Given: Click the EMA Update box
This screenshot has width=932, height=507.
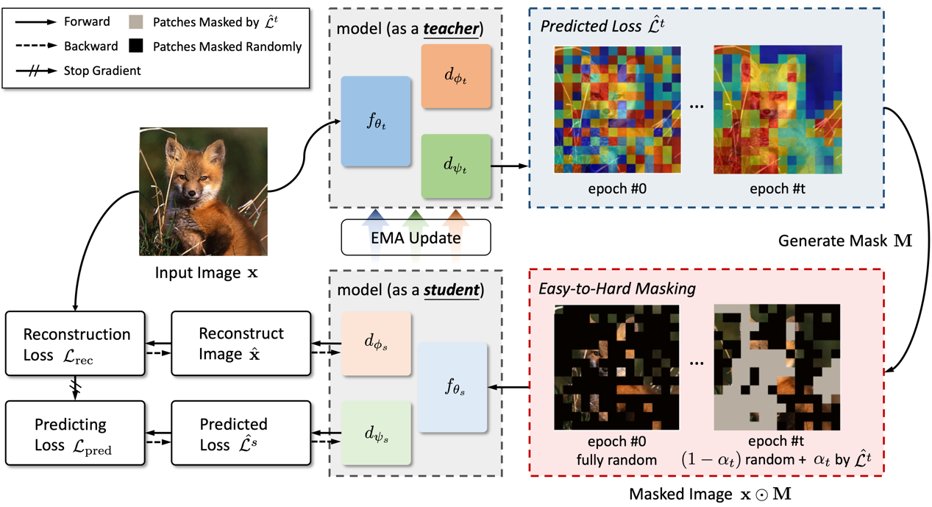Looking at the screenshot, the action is tap(416, 237).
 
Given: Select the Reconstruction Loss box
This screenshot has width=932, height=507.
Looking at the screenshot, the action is tap(75, 344).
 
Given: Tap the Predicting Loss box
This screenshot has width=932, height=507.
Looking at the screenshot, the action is tap(75, 433).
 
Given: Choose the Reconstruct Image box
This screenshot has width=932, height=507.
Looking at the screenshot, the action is tap(241, 344).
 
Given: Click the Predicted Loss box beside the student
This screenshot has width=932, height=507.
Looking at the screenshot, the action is tap(241, 433).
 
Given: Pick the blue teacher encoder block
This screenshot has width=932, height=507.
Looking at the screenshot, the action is tap(376, 121).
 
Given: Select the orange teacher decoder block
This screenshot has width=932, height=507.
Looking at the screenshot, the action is tap(456, 77).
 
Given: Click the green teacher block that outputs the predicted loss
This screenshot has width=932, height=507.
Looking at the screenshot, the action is tap(456, 166).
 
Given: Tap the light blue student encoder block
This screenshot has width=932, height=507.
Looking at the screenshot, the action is tap(452, 387).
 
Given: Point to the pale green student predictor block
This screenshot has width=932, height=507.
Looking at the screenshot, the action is tap(376, 433).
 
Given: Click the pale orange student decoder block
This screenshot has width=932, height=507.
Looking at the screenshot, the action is tap(376, 344).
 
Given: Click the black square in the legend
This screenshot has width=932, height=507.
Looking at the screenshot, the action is tap(135, 46).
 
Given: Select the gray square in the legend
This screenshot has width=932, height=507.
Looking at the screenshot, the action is tap(135, 21).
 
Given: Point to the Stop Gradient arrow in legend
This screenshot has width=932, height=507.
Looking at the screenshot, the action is tap(36, 71).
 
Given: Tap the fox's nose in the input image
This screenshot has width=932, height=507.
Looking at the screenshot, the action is tap(191, 194).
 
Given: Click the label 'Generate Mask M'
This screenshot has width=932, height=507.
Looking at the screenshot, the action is tap(845, 241).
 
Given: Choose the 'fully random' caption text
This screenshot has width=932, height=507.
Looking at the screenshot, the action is tap(616, 460).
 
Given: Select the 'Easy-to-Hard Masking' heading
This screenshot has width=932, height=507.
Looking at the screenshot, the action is tap(617, 288).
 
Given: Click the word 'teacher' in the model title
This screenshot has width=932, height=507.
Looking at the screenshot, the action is tap(451, 29).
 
